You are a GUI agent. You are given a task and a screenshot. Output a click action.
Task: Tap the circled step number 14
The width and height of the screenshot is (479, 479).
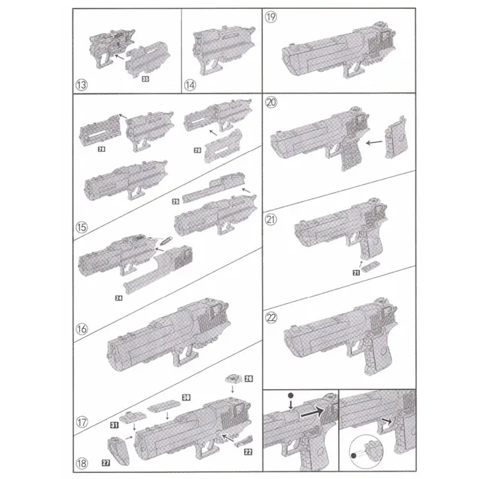pos(191,85)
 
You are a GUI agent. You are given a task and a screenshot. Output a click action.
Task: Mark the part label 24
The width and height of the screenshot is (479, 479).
pos(119,299)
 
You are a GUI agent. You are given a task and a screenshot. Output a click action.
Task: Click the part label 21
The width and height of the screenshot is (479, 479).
pos(356,275)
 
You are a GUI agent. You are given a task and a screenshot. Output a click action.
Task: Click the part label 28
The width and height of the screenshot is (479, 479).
pos(100,150)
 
